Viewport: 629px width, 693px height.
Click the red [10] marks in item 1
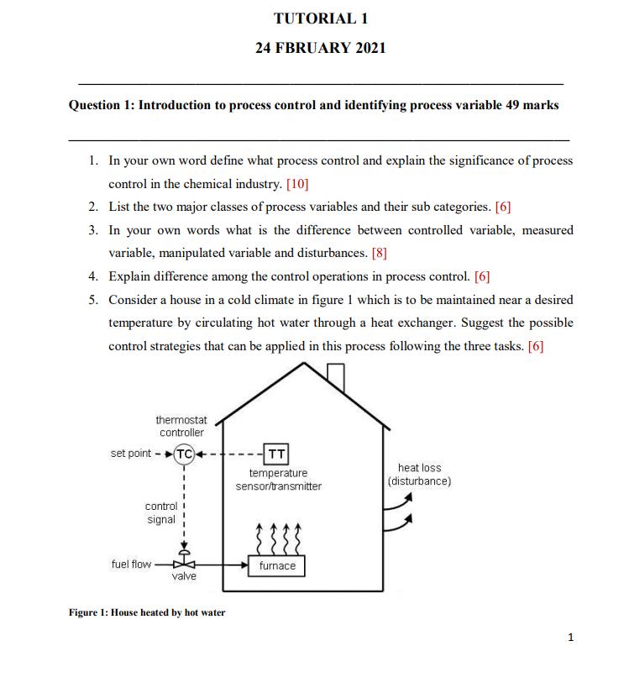[x=300, y=182]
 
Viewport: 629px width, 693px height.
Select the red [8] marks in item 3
[x=379, y=252]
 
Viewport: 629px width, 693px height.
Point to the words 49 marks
[x=533, y=105]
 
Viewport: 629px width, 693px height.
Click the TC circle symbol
[x=185, y=454]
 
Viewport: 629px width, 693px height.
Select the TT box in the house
[x=276, y=454]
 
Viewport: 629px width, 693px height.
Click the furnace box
[x=277, y=566]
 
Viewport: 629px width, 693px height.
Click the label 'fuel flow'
[x=131, y=564]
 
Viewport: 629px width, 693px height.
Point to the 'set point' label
[x=130, y=454]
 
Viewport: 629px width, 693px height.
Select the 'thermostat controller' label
[x=181, y=426]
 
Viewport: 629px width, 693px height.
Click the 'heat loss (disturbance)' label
[x=419, y=475]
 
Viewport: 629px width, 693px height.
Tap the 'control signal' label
[x=160, y=512]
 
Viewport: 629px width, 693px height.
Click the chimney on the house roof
[x=336, y=377]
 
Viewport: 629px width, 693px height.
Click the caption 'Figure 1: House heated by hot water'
[x=147, y=612]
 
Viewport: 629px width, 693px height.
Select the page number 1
[x=571, y=638]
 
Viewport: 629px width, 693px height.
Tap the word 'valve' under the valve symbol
[x=185, y=577]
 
